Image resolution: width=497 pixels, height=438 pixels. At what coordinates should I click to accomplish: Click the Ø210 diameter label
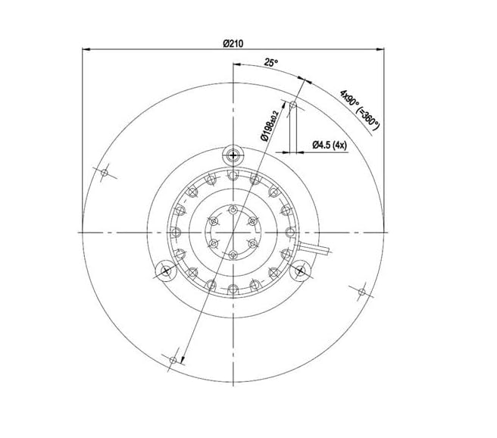[233, 43]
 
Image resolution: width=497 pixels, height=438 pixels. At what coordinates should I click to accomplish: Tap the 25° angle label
[271, 62]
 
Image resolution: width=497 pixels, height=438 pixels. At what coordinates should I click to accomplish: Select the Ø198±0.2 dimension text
[269, 126]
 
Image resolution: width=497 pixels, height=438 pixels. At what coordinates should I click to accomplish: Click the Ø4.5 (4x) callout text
[330, 145]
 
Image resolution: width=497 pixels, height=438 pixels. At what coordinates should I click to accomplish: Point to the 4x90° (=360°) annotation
[359, 110]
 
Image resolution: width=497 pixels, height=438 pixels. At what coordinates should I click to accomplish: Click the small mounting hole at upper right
[293, 105]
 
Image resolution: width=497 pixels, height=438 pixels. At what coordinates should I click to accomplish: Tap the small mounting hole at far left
[105, 173]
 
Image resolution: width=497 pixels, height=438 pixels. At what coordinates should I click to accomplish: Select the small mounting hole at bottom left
[173, 360]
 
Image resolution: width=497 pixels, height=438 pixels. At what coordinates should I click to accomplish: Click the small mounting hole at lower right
[361, 292]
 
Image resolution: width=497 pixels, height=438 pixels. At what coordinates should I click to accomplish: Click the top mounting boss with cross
[233, 155]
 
